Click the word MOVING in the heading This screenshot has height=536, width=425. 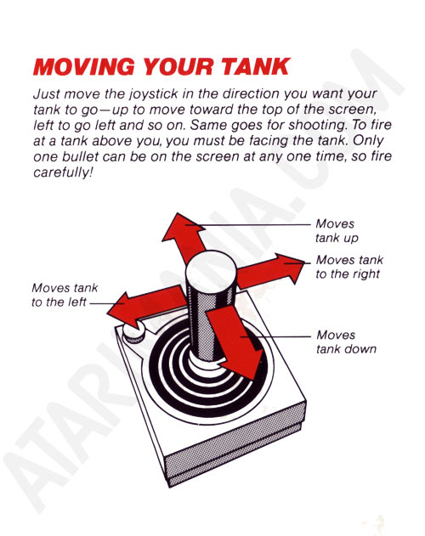pyautogui.click(x=84, y=66)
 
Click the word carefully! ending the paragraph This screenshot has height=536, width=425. pyautogui.click(x=63, y=172)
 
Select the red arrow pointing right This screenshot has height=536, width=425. pyautogui.click(x=270, y=271)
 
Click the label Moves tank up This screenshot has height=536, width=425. pyautogui.click(x=337, y=231)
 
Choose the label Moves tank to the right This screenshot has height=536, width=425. pyautogui.click(x=349, y=267)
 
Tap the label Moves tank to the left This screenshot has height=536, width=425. pyautogui.click(x=65, y=295)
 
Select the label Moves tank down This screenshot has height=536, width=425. pyautogui.click(x=346, y=341)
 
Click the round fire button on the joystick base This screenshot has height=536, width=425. pyautogui.click(x=133, y=333)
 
